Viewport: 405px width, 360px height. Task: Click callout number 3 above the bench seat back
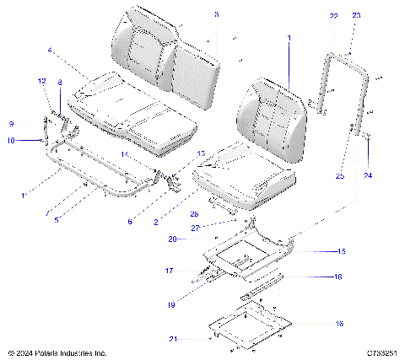215,15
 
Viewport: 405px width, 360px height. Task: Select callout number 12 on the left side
41,81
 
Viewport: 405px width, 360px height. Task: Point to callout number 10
11,141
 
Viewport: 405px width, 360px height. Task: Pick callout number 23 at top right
356,16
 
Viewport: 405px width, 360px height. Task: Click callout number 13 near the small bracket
201,153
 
